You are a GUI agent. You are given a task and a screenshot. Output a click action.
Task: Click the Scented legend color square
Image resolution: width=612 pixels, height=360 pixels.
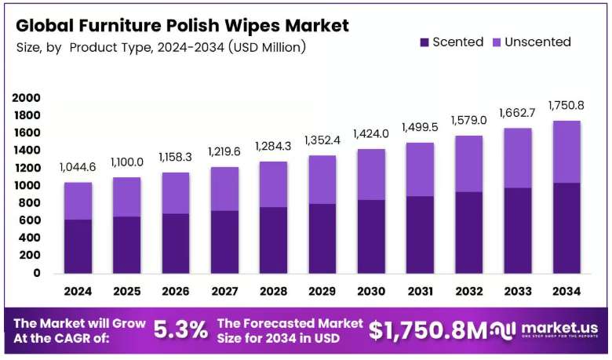(x=424, y=42)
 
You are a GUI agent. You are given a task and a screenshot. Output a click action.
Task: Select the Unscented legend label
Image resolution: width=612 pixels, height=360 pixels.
(x=537, y=42)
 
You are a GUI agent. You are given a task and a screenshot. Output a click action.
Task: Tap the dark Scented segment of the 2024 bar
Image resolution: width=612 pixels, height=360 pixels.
(x=78, y=246)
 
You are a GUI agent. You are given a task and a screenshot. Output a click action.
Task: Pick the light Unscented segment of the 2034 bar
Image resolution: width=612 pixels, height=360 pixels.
(x=566, y=152)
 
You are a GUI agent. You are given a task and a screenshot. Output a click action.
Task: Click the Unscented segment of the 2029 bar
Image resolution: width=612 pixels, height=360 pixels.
(x=322, y=180)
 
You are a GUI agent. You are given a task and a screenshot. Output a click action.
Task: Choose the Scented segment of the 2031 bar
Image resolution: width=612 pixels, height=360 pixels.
(x=420, y=235)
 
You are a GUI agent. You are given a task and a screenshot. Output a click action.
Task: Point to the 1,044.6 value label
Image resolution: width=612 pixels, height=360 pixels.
(x=78, y=167)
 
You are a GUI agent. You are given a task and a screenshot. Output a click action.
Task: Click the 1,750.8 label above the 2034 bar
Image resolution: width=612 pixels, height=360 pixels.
(x=566, y=105)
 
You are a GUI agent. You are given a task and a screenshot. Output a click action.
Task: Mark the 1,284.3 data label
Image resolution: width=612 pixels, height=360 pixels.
(x=273, y=146)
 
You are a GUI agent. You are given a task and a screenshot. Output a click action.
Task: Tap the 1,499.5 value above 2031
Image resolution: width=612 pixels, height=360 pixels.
(x=420, y=127)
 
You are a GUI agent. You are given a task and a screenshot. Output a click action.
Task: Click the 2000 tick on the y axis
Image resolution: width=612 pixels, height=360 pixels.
(x=26, y=98)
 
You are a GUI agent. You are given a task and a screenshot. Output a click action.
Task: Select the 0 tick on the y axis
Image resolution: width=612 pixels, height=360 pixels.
(x=37, y=273)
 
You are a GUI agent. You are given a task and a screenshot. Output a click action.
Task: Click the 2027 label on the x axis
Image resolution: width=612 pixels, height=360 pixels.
(x=225, y=291)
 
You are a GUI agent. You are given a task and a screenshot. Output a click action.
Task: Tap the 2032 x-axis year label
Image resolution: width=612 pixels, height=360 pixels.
(x=469, y=291)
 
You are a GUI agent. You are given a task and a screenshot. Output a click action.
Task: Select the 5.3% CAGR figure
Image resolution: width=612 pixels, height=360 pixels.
(x=180, y=330)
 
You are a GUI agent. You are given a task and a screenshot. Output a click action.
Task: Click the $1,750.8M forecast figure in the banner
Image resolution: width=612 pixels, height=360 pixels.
(x=428, y=330)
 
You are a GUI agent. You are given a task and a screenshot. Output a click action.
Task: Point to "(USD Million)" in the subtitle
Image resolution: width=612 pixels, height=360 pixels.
(x=268, y=47)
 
